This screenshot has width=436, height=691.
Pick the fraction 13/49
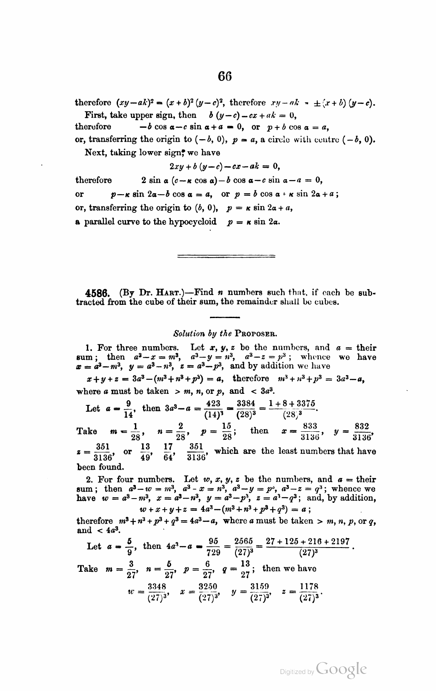point(146,452)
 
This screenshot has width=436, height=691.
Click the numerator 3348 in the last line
point(157,587)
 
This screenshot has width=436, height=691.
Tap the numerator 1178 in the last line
point(309,587)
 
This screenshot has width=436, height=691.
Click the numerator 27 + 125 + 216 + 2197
point(307,542)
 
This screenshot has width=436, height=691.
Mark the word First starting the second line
point(95,115)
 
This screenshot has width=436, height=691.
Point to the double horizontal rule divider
point(226,256)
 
